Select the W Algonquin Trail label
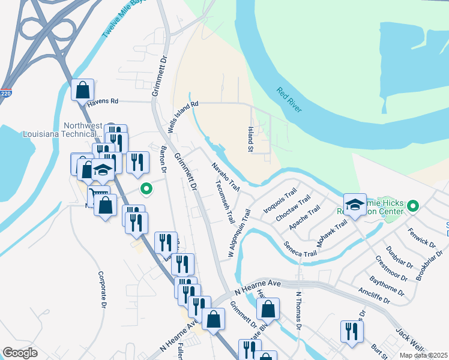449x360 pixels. click(238, 234)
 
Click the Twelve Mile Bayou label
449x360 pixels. click(124, 19)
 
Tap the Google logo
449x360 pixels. click(20, 353)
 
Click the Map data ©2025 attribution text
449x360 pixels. click(423, 355)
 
